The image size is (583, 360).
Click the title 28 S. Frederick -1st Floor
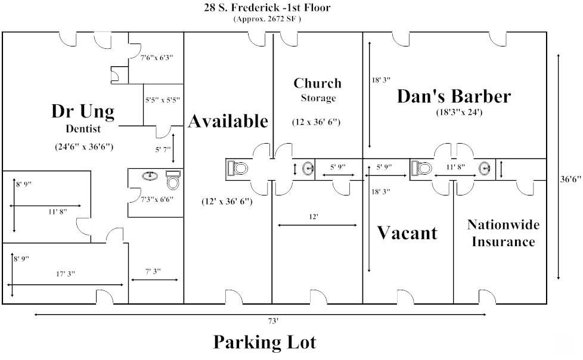[x=267, y=7]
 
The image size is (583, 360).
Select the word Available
[x=228, y=121]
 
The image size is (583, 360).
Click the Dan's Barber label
[x=454, y=96]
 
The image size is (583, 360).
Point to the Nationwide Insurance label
[x=504, y=233]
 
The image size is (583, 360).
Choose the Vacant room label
[x=407, y=233]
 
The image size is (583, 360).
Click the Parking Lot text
[x=265, y=342]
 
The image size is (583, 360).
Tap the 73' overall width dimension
[x=272, y=321]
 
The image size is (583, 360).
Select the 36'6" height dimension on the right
[x=570, y=179]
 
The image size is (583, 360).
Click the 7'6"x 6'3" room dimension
[x=157, y=58]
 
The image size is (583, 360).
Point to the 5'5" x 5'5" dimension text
[x=163, y=100]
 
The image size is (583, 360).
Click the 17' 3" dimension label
[x=66, y=274]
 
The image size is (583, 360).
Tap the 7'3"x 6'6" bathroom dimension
[x=157, y=199]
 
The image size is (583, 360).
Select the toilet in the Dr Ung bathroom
[x=173, y=180]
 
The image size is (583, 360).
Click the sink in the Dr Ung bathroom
[x=150, y=175]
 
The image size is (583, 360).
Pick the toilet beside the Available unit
[x=238, y=168]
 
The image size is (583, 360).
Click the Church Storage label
[x=318, y=89]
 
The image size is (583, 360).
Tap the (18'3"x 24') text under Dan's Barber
[x=459, y=112]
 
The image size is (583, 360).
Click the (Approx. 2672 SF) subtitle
[x=267, y=19]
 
